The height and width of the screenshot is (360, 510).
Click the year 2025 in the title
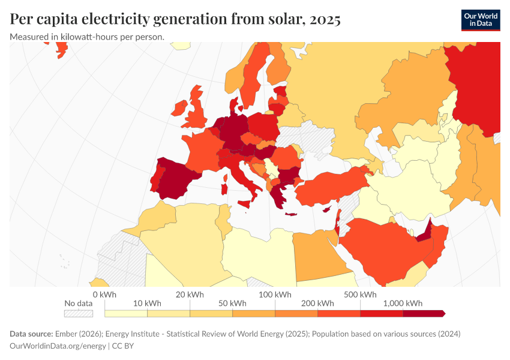325,19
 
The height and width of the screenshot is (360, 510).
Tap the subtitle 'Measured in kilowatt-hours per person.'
87,37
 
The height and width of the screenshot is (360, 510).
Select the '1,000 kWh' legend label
403,303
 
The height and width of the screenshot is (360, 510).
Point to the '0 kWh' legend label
104,295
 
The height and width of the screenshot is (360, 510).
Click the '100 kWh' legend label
275,295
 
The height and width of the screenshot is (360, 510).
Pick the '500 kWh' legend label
360,295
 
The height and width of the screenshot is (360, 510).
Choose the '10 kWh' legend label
147,303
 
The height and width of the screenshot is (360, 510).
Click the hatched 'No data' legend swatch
79,313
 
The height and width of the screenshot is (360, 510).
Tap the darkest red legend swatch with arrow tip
424,313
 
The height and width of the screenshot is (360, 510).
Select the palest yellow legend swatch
126,313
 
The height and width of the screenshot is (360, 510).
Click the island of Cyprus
328,209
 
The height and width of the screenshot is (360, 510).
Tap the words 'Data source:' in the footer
31,334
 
